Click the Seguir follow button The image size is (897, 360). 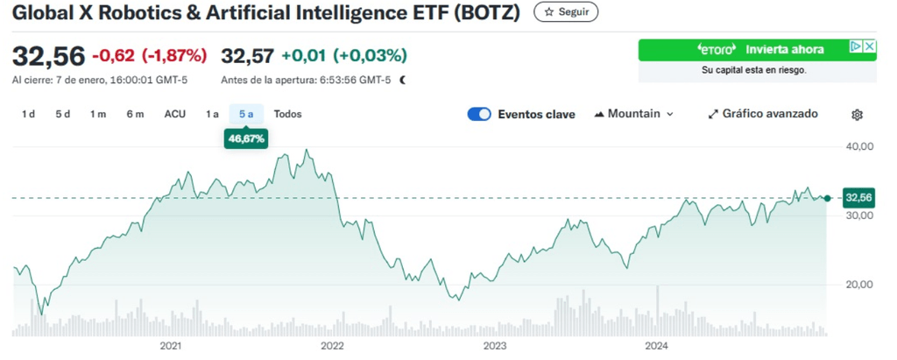[x=566, y=12]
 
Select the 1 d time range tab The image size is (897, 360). [x=28, y=114]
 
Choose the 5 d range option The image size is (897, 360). [x=62, y=114]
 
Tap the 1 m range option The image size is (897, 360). [x=97, y=114]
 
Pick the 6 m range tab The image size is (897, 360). [x=134, y=114]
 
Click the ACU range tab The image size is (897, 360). [x=175, y=114]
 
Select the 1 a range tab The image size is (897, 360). [x=212, y=114]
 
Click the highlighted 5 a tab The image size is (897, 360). [x=246, y=114]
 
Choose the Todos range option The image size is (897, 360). [x=287, y=114]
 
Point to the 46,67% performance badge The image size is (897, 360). [x=246, y=138]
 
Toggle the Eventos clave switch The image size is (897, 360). [x=479, y=114]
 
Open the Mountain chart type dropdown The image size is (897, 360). [x=634, y=114]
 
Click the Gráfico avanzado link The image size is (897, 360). [x=763, y=114]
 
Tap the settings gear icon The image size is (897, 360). [x=858, y=115]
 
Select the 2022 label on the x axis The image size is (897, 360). [x=333, y=346]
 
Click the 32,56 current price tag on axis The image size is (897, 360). [x=858, y=198]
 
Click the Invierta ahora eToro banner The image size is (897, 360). [x=757, y=50]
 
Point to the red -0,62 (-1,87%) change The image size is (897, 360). [x=149, y=56]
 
